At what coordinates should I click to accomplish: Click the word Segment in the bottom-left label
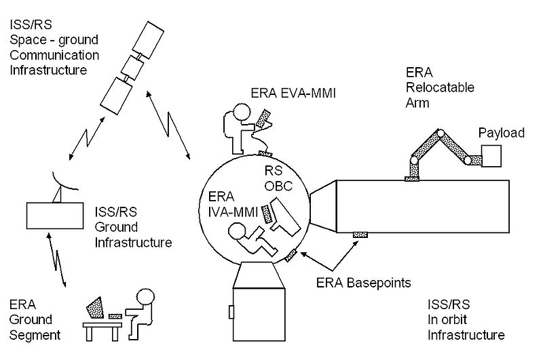click(x=35, y=335)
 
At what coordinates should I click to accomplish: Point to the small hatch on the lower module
click(x=231, y=311)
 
